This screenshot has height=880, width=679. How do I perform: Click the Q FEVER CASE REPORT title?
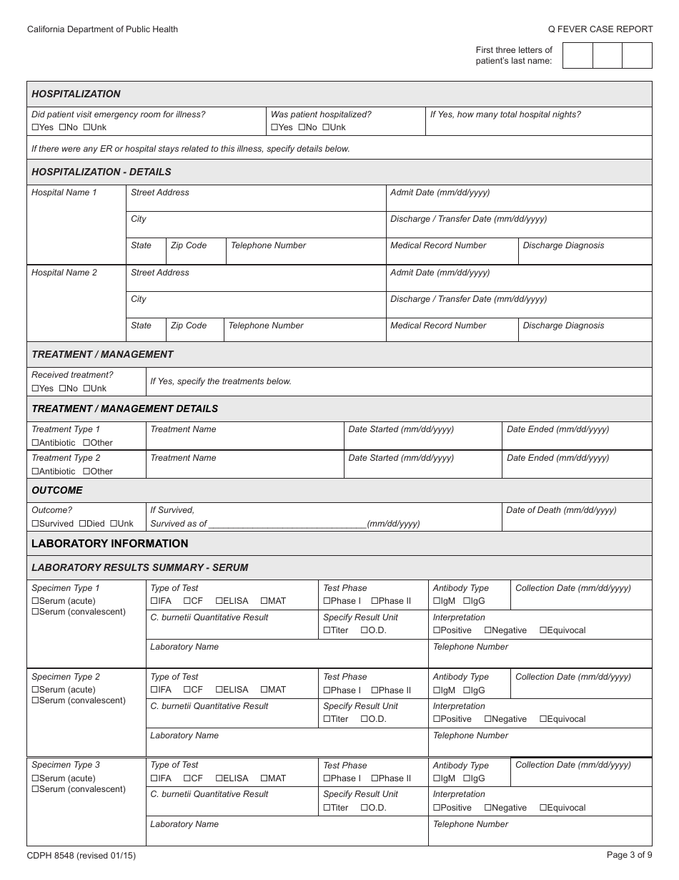600,29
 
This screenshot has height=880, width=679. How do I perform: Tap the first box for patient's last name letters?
578,55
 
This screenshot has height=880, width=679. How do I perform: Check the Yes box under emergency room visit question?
35,127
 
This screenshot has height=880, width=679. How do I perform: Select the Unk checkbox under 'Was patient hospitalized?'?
326,127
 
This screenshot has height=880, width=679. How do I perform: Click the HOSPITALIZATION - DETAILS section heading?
101,172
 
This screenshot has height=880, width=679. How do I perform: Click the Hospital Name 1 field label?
64,192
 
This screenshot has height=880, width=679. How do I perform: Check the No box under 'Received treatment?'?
62,388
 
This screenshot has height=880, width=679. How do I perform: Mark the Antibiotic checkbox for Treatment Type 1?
35,443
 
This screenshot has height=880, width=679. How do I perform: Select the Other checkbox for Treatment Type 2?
86,471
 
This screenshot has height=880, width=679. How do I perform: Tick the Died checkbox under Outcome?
82,524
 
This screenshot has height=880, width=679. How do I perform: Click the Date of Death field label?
561,510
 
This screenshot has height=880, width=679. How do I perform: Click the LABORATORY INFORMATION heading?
109,544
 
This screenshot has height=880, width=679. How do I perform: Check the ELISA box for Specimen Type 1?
219,601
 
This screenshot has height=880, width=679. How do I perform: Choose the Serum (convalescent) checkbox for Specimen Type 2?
35,700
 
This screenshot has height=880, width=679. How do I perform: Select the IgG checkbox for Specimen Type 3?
467,778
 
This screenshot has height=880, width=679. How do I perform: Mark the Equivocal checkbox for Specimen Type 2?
543,719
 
